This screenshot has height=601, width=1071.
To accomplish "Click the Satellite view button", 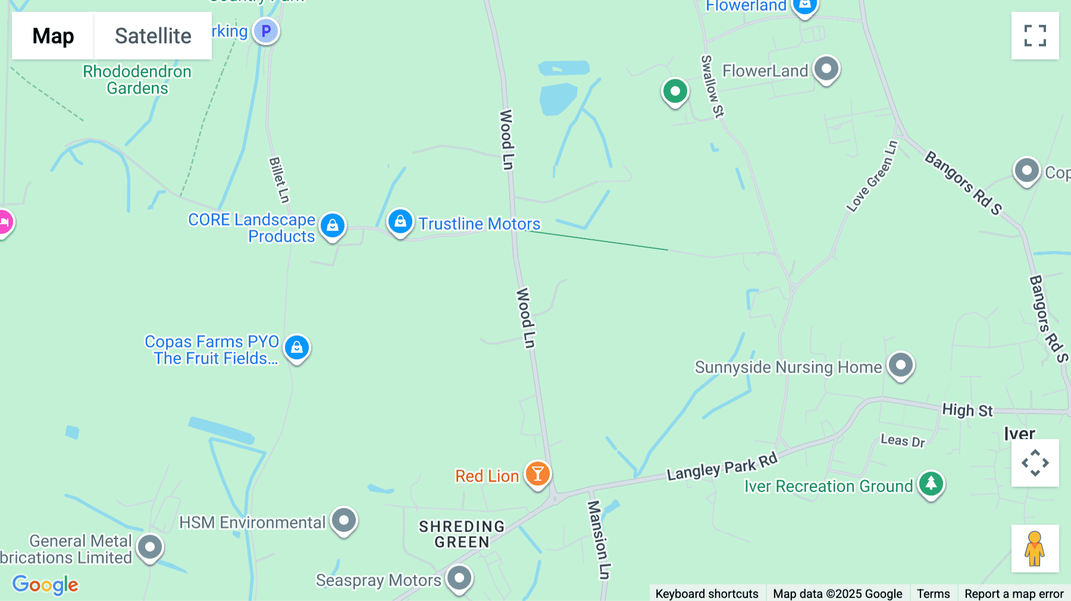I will point(153,36).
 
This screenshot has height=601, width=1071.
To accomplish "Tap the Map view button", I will point(53,36).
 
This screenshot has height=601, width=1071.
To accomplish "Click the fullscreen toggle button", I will point(1035,36).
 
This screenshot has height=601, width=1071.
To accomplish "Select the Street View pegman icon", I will point(1035,549).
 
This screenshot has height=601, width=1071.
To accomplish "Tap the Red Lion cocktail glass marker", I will point(538,474).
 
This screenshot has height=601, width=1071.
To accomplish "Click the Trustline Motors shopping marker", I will point(400,221).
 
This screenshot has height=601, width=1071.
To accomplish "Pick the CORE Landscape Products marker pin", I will point(333,226).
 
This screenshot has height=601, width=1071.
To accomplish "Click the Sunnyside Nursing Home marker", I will point(901,365).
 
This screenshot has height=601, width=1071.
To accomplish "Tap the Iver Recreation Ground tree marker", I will point(931,484).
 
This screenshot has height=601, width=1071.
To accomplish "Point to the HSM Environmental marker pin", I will point(344,520).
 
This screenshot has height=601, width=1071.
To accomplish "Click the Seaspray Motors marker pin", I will point(459,578).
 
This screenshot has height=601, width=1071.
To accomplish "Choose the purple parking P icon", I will point(266,30).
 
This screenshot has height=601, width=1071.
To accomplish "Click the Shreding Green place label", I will point(462,534).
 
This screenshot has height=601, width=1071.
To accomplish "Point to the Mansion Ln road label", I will point(598,539).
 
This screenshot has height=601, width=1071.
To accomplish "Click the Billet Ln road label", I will point(279,180).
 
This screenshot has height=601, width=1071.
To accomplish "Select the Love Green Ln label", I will point(872,176).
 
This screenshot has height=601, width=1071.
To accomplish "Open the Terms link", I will point(933,593).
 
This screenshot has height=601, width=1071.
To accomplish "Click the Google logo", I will point(45,584).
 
